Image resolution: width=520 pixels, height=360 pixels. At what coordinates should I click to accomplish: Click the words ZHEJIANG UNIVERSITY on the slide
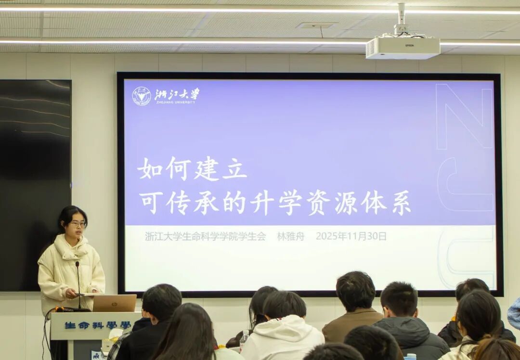(175, 103)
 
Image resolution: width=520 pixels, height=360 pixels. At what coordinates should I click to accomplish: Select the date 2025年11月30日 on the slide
(351, 236)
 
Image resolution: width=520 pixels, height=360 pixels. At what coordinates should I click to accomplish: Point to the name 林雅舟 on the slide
(290, 236)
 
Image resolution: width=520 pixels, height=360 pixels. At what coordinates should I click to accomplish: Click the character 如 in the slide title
(150, 169)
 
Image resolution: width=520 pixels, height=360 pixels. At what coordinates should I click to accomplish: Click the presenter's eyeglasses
(78, 224)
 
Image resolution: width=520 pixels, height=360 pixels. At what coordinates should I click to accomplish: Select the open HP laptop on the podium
(115, 303)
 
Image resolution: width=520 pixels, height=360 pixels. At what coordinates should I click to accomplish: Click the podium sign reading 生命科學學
(97, 325)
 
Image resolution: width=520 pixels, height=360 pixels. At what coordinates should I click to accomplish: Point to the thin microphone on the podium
(78, 285)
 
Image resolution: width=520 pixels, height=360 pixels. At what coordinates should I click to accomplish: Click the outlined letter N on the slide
(464, 116)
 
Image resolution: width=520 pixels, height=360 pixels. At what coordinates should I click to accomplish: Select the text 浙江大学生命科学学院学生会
(205, 236)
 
